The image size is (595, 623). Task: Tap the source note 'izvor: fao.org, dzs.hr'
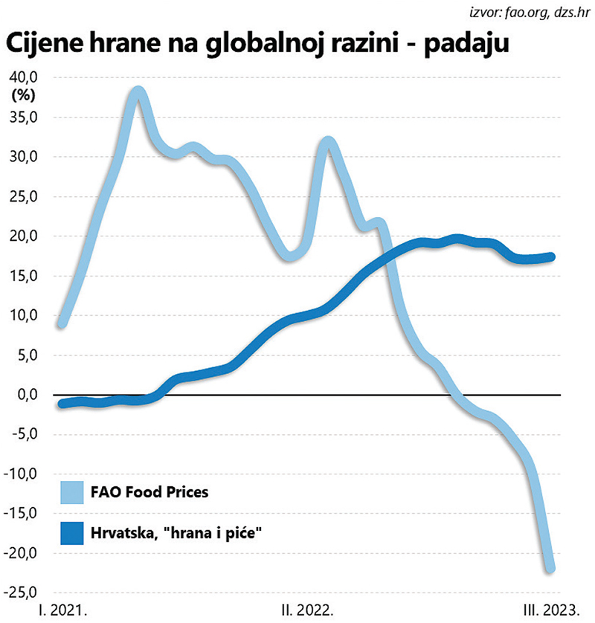click(x=530, y=12)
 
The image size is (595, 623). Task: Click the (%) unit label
click(x=25, y=94)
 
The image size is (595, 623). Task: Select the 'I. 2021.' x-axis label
click(x=63, y=610)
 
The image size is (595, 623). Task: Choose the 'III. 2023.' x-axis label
click(x=550, y=610)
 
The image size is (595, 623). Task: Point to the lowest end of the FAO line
click(x=550, y=569)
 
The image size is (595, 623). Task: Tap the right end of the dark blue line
click(x=552, y=257)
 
